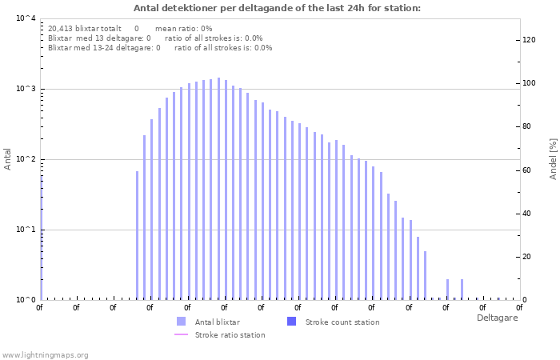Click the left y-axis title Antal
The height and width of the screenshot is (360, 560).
[8, 158]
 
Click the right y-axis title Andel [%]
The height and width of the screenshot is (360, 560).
[553, 158]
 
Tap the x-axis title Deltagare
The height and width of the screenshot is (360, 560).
[497, 318]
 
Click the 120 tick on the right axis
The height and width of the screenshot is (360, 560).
[529, 40]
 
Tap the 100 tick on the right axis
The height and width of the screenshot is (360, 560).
[529, 83]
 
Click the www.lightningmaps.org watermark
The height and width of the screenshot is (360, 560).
[45, 354]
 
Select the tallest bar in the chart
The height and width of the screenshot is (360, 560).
[218, 189]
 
